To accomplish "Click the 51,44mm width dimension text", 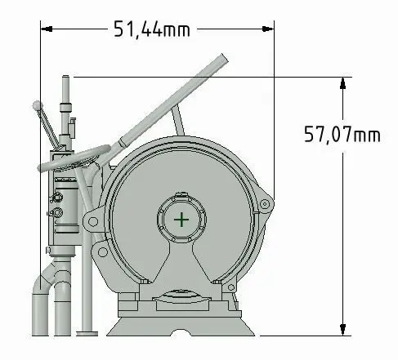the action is (x=151, y=29).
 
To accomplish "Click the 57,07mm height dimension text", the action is (x=342, y=134).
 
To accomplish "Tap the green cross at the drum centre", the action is (x=181, y=220).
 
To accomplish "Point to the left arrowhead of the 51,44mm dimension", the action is (x=47, y=29).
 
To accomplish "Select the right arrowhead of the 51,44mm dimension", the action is (x=268, y=29).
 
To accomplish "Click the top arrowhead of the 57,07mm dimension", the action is (x=343, y=83).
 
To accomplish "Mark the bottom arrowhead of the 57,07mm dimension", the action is (x=343, y=330).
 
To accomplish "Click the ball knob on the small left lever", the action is (x=37, y=105).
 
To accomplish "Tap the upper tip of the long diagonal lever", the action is (x=224, y=56).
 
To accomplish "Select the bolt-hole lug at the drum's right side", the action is (x=265, y=204).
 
